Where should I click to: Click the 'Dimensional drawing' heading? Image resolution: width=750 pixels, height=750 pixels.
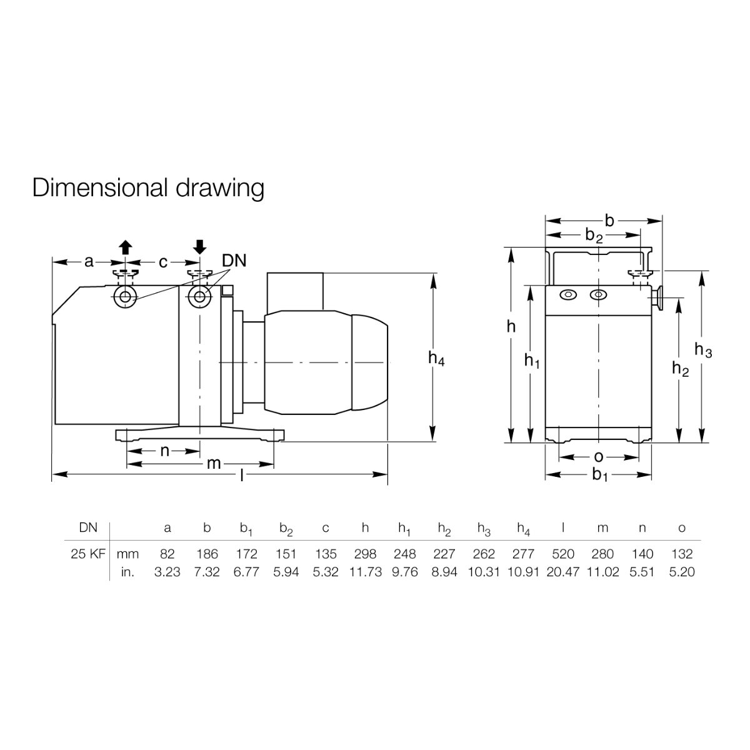coord(148,188)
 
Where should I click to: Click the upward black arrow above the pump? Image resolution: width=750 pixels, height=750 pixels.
coord(126,247)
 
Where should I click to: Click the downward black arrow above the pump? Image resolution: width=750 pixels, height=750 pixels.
coord(199,247)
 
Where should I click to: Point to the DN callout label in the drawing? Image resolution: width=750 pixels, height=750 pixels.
coord(234,261)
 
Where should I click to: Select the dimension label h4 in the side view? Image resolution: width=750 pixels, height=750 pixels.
coord(436,359)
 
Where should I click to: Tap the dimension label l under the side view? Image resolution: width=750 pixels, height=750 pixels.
coord(242,475)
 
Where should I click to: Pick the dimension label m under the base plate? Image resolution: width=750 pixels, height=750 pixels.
coord(214,463)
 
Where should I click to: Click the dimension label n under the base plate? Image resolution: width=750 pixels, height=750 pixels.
coord(164,451)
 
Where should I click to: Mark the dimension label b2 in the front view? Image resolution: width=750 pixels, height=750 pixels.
coord(594,236)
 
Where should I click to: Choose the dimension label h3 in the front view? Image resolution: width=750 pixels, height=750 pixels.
coord(703,350)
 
